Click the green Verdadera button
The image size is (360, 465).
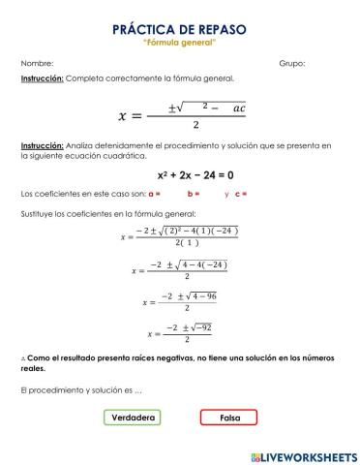tap(132, 418)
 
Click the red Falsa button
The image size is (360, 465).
tap(228, 418)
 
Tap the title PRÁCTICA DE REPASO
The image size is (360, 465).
tap(179, 30)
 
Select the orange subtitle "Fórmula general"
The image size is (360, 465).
tap(179, 44)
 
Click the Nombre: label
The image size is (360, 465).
tap(37, 63)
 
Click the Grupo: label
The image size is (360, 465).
tap(291, 63)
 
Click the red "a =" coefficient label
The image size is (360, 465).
tap(154, 194)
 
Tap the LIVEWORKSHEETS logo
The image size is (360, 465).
tap(303, 455)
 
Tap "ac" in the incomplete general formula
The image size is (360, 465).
tap(239, 108)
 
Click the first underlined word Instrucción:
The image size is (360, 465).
tap(42, 77)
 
